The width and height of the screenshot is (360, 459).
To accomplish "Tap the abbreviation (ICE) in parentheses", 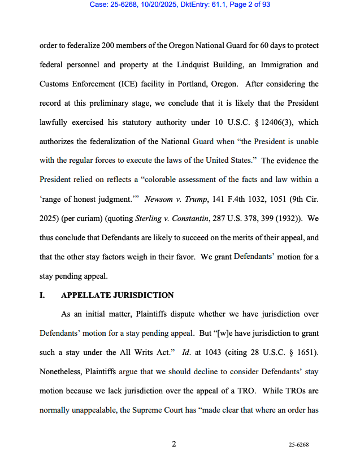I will (x=148, y=84).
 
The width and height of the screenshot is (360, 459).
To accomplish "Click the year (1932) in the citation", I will (x=275, y=219).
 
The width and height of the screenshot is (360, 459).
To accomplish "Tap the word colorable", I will (x=174, y=180).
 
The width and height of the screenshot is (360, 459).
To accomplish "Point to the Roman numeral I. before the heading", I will (x=42, y=296).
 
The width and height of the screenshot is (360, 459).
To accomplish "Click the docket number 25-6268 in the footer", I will (x=299, y=445).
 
